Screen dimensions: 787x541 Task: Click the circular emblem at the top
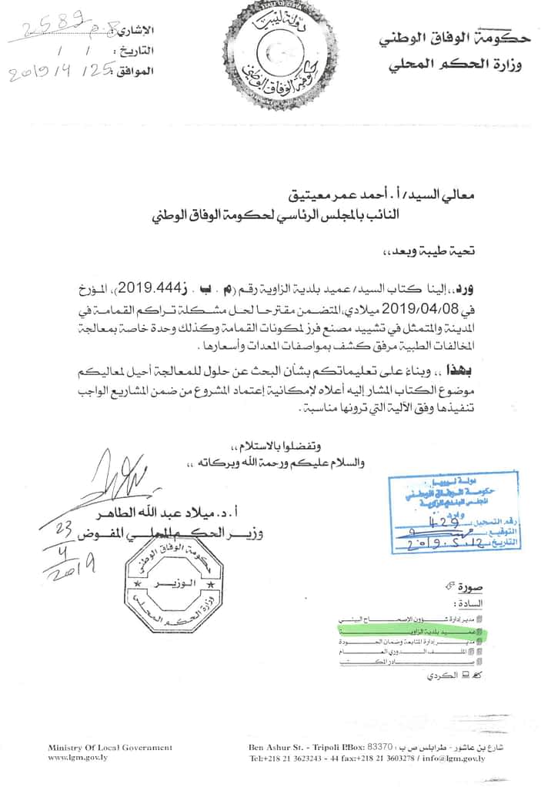point(270,55)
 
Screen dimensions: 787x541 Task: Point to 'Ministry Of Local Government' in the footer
point(110,747)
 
